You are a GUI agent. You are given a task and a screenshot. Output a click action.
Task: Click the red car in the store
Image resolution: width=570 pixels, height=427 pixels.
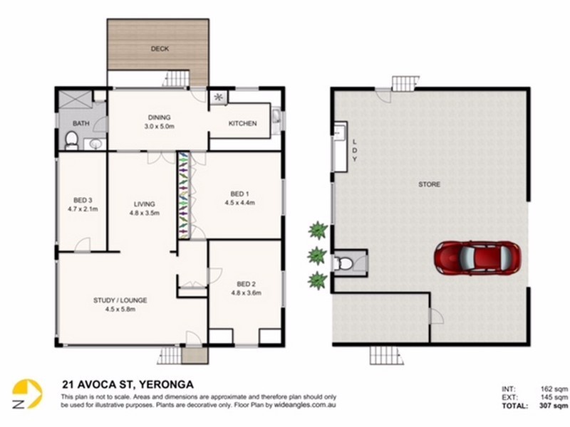click(x=477, y=258)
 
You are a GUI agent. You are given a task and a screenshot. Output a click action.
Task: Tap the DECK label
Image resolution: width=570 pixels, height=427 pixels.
click(x=160, y=48)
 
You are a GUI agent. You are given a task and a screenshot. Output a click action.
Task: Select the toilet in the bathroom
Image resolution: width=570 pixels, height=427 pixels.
click(x=72, y=140)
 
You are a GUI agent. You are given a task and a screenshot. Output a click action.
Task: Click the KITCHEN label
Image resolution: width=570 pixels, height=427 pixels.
click(x=242, y=123)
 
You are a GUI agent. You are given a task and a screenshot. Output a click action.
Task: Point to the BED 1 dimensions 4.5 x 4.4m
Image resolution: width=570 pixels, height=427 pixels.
click(x=239, y=203)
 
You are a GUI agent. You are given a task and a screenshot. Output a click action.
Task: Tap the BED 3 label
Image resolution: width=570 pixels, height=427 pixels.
click(x=83, y=200)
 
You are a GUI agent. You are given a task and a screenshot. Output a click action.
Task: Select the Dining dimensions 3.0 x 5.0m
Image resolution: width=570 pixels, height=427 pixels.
click(x=159, y=127)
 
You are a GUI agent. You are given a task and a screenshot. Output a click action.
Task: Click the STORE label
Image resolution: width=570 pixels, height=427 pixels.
click(x=430, y=184)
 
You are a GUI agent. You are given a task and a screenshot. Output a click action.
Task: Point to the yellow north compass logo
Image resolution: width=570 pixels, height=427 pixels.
click(x=27, y=394)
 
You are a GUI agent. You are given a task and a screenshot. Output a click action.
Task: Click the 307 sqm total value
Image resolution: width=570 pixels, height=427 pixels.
click(x=554, y=406)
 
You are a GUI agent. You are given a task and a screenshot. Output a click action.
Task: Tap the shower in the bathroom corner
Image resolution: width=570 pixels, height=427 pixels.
click(x=76, y=99)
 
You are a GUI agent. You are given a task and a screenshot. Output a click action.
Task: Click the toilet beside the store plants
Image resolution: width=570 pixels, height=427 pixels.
click(x=343, y=263)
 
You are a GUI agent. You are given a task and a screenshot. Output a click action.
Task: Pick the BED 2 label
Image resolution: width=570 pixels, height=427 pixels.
click(x=246, y=284)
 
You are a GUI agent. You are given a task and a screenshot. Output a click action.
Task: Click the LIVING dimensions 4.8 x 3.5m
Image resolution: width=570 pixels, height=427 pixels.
click(x=145, y=213)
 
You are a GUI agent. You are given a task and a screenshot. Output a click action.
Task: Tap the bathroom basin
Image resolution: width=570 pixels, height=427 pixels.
click(x=95, y=144)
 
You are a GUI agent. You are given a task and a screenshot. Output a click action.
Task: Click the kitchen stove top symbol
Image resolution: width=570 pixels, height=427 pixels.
click(x=219, y=97)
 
